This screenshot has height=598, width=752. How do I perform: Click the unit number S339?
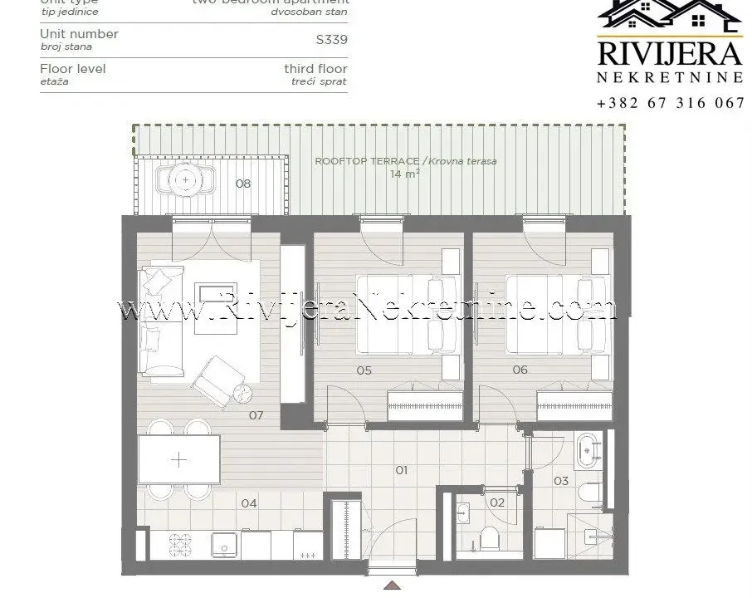[x=332, y=38]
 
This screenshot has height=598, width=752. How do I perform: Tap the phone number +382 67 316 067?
[x=670, y=104]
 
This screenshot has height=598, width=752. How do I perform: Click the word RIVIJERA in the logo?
[x=670, y=52]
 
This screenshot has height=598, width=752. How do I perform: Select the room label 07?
[x=256, y=414]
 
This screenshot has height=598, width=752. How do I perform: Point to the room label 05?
[x=364, y=370]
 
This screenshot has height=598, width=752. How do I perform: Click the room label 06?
[x=520, y=370]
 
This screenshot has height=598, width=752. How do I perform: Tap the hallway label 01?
[x=401, y=470]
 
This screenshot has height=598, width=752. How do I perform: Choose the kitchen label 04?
[x=249, y=502]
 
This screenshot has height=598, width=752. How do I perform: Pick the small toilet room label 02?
[x=497, y=502]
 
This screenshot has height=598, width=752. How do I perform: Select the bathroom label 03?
[x=561, y=481]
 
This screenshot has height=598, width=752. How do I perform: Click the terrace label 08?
[x=242, y=184]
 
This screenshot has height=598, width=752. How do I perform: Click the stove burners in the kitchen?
[x=181, y=544]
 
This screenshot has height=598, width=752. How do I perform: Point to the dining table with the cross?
[x=179, y=459]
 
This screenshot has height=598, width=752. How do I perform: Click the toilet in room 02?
[x=489, y=537]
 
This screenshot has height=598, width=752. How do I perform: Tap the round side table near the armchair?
[x=241, y=395]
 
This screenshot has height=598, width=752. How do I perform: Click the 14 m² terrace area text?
[x=405, y=174]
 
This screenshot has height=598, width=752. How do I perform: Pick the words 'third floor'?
[x=315, y=69]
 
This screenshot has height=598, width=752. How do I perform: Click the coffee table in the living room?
[x=216, y=296]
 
